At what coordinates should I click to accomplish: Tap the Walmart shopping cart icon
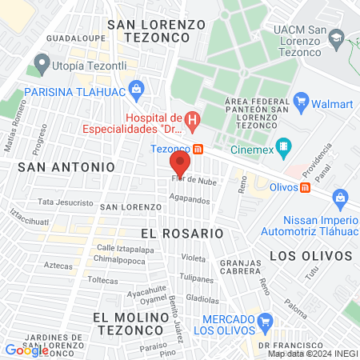tap(302, 102)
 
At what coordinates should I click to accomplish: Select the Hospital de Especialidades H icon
tap(192, 122)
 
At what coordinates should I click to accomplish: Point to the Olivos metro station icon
tap(305, 187)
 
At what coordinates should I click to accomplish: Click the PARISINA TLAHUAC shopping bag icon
tap(136, 89)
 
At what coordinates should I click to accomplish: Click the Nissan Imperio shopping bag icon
tap(340, 197)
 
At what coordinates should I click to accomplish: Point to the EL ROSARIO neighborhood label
tap(182, 233)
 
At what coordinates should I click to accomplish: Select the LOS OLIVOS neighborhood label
tap(310, 255)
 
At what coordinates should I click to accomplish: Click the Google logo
tap(27, 350)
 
